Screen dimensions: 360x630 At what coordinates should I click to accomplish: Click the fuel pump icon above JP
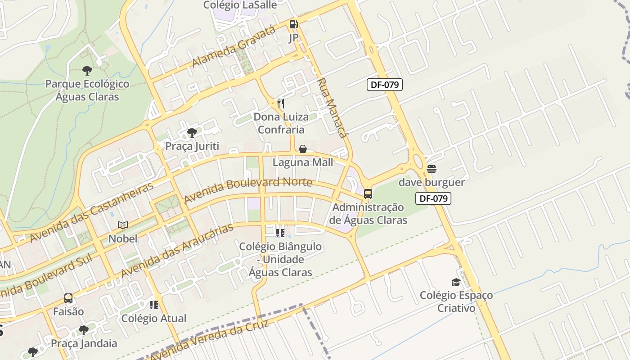[x=293, y=24]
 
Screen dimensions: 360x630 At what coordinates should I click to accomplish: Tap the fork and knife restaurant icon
[x=280, y=103]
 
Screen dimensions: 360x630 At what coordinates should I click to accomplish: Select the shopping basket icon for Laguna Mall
[x=303, y=149]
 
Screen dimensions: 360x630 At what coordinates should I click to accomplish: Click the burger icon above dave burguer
[x=432, y=169]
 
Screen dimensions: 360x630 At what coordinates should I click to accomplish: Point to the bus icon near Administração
[x=368, y=194]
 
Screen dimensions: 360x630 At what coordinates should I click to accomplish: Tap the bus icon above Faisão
[x=68, y=298]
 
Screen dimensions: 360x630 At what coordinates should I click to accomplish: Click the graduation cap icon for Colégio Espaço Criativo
[x=456, y=282]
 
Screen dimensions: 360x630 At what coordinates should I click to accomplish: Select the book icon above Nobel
[x=123, y=225]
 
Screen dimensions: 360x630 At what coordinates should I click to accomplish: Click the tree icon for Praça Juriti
[x=192, y=132]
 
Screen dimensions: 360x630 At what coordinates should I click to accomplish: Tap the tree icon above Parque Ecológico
[x=87, y=70]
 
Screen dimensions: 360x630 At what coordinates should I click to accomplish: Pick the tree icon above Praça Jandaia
[x=84, y=330]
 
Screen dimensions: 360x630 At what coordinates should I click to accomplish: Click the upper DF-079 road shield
[x=384, y=84]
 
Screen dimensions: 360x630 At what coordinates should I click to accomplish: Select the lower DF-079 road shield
[x=433, y=198]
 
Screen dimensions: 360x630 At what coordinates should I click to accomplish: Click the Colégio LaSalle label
[x=240, y=5]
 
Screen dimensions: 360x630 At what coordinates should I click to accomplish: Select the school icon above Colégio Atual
[x=154, y=305]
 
